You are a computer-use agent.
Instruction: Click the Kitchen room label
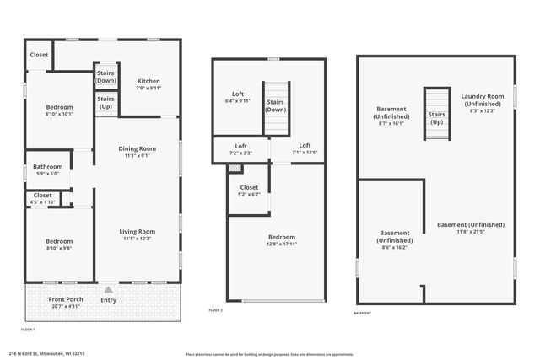click(148, 82)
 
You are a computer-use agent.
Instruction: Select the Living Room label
click(137, 232)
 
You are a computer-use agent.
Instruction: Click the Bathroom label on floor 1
click(47, 167)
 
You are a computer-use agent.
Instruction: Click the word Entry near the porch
click(109, 299)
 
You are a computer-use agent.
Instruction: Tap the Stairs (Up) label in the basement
click(436, 118)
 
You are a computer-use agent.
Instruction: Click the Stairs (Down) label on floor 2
click(276, 105)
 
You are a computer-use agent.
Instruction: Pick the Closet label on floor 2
click(249, 187)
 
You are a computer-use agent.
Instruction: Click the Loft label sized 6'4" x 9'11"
click(238, 94)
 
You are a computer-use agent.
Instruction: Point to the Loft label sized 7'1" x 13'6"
click(305, 145)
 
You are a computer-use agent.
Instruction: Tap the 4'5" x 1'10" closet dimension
click(42, 202)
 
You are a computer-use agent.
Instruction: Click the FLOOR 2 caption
click(215, 310)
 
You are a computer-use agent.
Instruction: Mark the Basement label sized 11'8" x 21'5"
click(471, 225)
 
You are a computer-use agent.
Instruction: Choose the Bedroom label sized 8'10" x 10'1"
click(59, 107)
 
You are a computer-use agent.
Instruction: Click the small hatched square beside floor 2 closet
click(235, 168)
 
